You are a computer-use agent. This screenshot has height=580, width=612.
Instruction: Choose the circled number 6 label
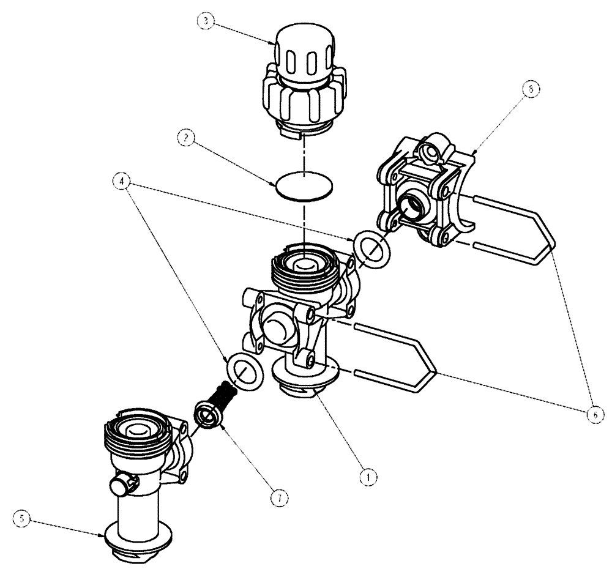point(593,414)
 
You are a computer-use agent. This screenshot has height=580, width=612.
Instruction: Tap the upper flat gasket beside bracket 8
point(371,249)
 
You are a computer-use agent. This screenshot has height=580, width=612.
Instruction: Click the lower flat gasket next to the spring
point(245,371)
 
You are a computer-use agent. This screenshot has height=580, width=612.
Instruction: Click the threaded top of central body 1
point(303,269)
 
